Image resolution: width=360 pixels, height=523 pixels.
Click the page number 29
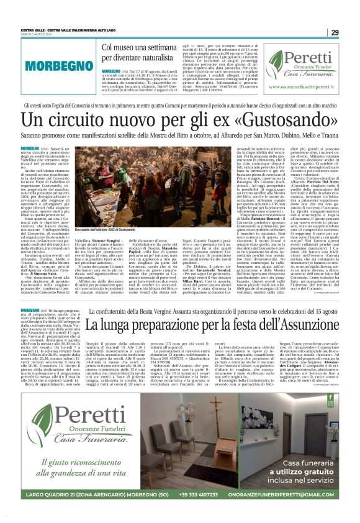[x=335, y=32]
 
